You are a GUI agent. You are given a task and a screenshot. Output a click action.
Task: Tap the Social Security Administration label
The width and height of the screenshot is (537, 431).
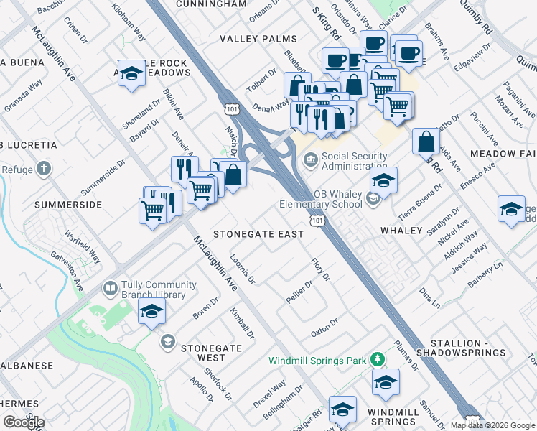355,162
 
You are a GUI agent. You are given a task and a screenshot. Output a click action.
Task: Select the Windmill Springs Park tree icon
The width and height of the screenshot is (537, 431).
375,360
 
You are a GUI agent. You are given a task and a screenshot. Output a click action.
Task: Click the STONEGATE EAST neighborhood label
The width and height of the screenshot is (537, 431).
257,234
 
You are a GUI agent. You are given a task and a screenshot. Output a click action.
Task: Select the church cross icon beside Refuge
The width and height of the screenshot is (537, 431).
44,170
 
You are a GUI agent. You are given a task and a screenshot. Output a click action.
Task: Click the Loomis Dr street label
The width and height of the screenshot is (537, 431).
243,269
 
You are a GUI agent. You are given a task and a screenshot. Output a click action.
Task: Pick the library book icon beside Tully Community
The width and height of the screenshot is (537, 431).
110,289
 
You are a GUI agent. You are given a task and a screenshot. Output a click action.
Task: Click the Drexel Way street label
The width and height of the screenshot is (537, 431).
269,394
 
